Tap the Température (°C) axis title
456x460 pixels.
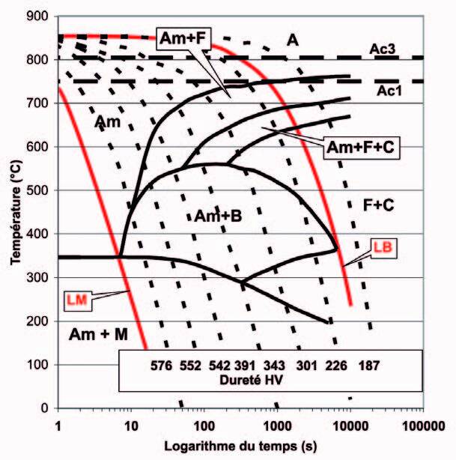tap(13, 213)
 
